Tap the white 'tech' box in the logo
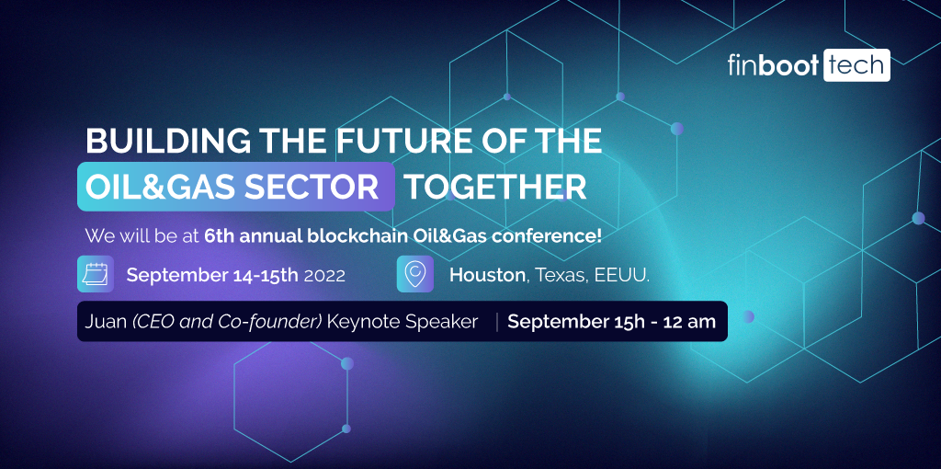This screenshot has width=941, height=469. click(856, 65)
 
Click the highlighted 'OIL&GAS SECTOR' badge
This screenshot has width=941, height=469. click(236, 187)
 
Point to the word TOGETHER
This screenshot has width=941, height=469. click(495, 187)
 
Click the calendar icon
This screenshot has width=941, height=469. click(96, 274)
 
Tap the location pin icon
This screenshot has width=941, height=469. click(415, 274)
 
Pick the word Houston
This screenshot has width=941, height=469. click(486, 275)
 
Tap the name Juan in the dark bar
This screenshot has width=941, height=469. click(104, 322)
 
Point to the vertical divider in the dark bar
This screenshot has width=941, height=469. click(497, 322)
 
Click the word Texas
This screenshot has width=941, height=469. click(559, 275)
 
